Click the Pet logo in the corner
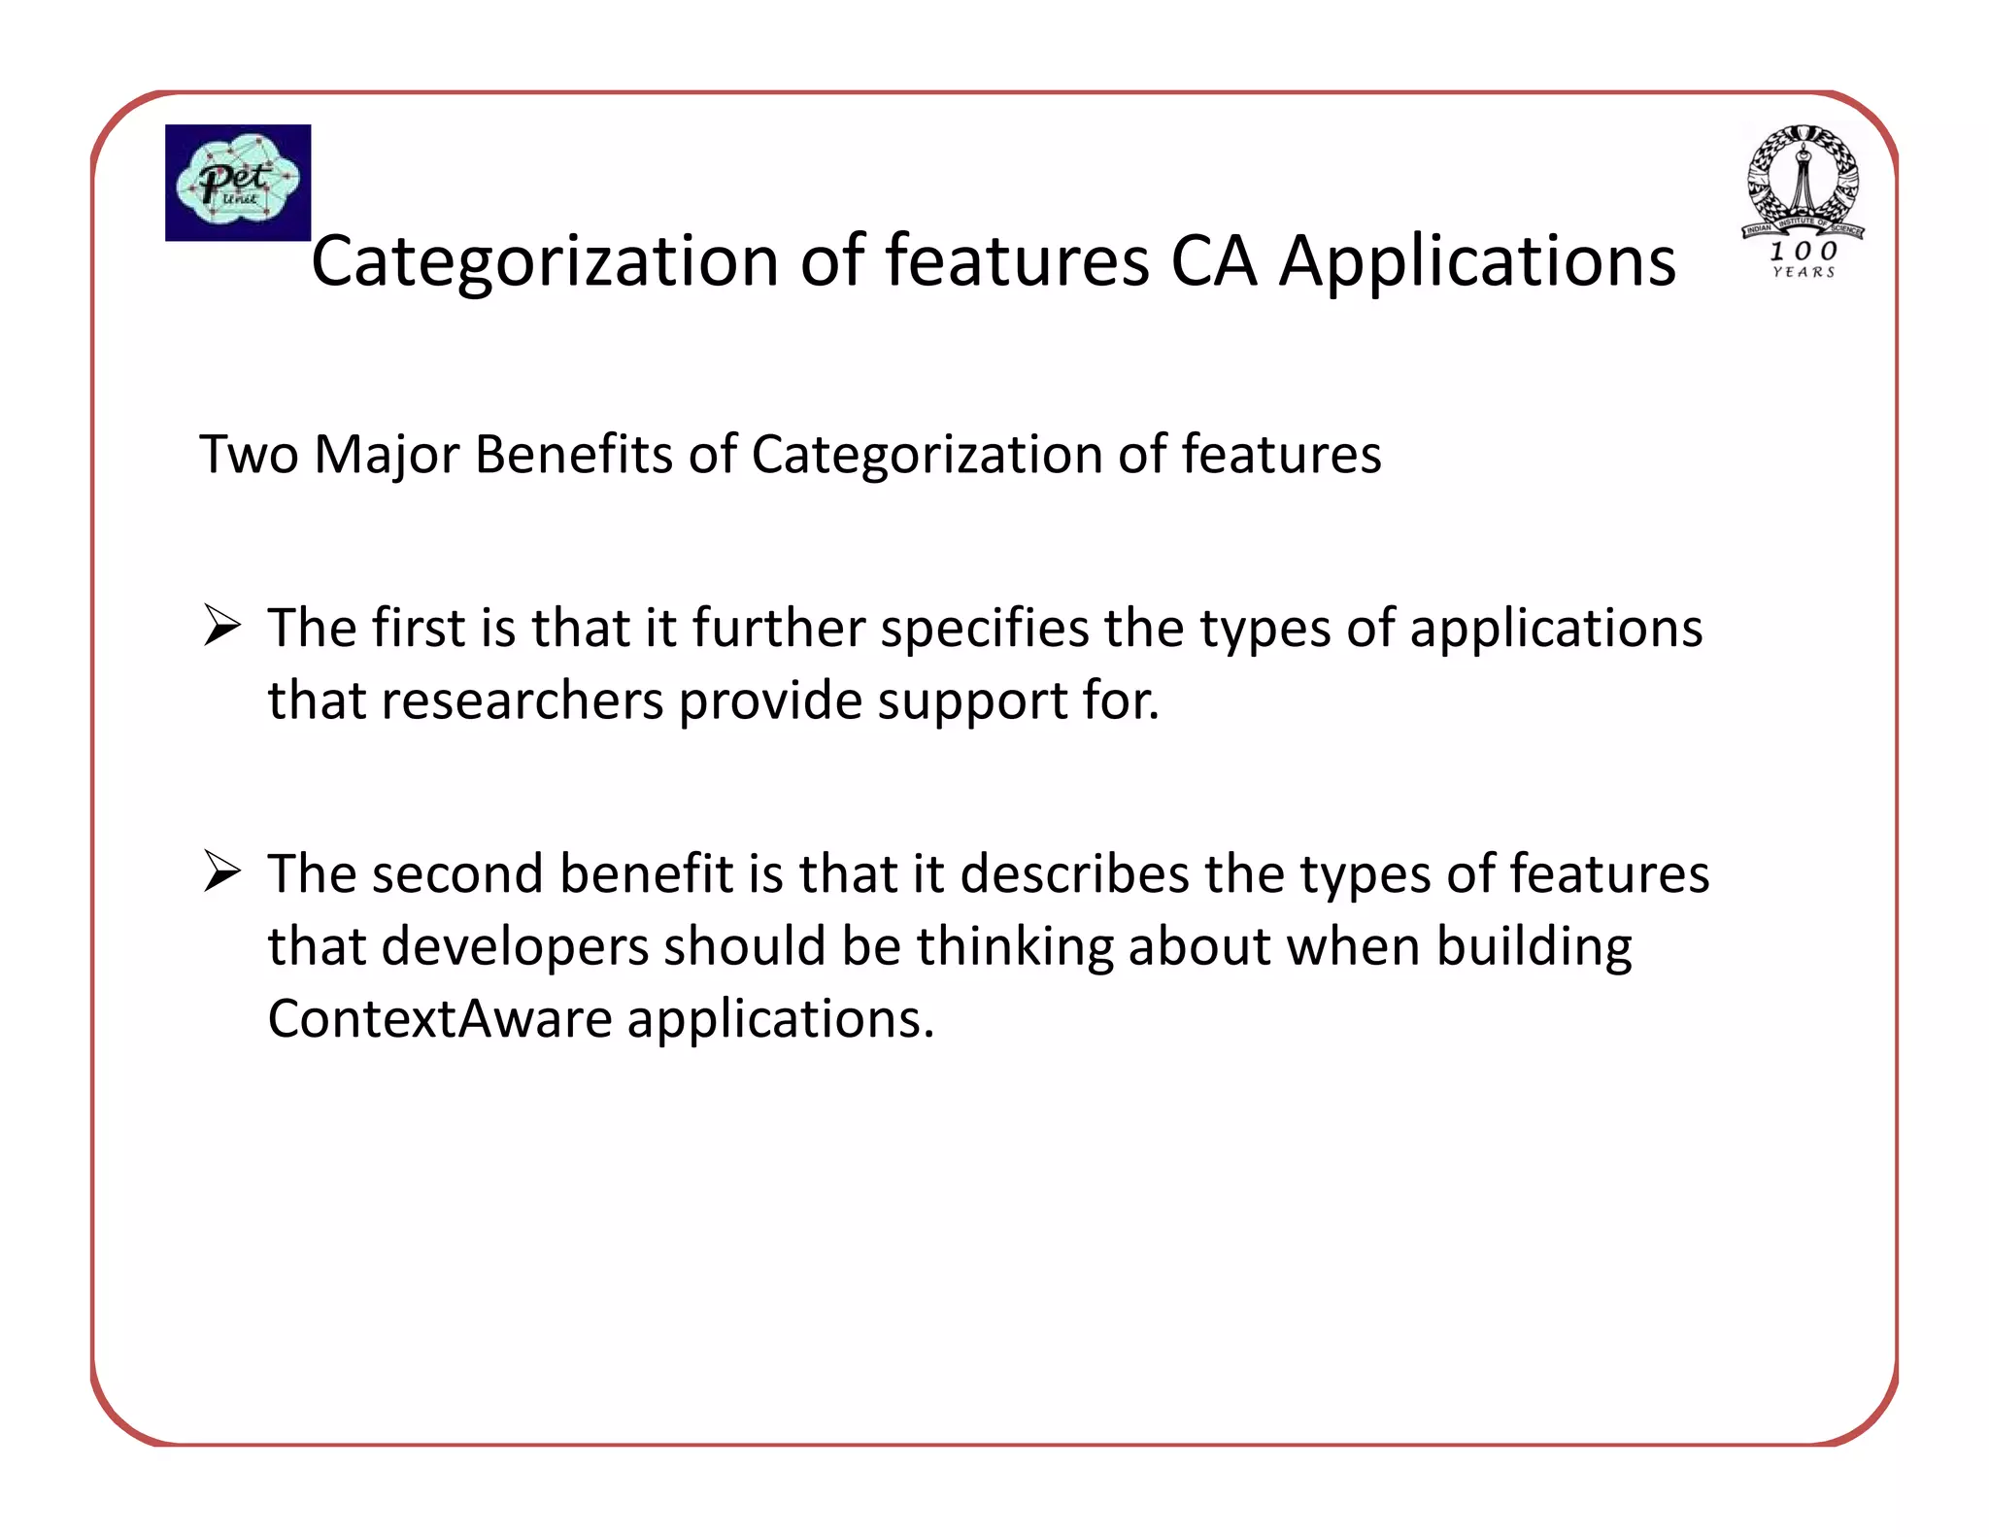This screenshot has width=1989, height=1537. [238, 183]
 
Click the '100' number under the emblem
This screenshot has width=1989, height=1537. [1803, 251]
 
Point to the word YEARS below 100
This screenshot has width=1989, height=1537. [1804, 273]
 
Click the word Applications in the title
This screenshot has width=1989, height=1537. [1477, 262]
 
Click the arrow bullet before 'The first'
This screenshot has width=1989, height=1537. [222, 625]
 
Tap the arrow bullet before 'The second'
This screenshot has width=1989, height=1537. [222, 871]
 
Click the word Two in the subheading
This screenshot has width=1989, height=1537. [249, 454]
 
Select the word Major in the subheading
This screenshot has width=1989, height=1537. [386, 455]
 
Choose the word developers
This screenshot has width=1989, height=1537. [515, 947]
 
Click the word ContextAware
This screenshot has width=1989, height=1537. [439, 1019]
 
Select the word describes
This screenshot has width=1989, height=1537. [1074, 873]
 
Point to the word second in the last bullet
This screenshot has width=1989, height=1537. [457, 873]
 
